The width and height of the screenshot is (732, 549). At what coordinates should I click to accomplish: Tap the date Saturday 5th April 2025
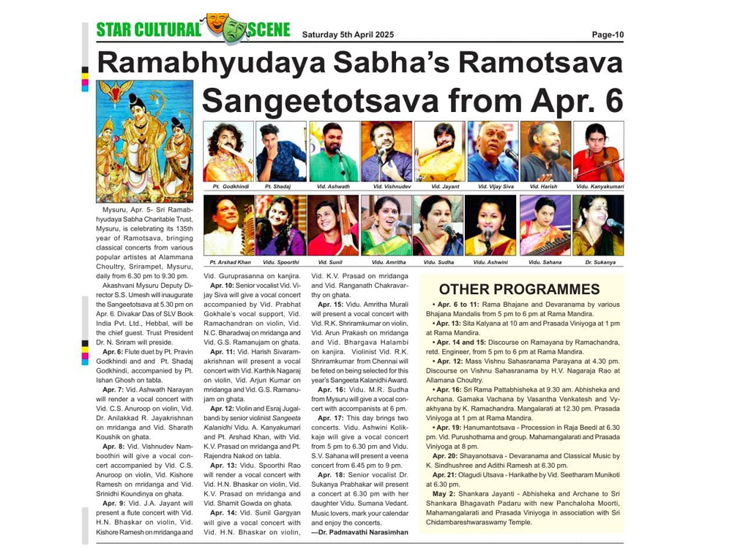click(348, 34)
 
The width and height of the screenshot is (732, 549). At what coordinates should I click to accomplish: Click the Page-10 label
click(608, 34)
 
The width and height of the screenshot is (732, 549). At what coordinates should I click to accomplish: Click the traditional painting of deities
click(144, 141)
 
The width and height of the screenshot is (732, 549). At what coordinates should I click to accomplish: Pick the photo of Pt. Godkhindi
click(228, 152)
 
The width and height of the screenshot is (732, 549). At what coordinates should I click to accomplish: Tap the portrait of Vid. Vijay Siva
click(493, 152)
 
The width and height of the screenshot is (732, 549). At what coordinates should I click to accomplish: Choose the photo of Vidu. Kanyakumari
click(598, 152)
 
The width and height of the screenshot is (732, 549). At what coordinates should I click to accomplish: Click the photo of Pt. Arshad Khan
click(228, 225)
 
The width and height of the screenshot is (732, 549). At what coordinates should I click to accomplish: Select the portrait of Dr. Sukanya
click(598, 225)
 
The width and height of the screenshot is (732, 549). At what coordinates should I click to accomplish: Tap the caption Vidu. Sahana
click(545, 261)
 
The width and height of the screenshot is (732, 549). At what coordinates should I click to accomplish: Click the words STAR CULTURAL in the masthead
click(149, 30)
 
